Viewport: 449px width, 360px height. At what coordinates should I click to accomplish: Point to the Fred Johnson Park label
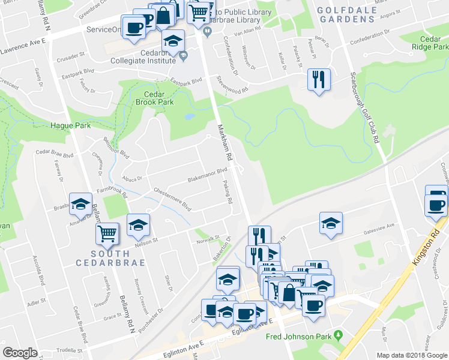pos(298,335)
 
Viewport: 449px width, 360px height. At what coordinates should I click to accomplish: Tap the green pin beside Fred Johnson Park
pos(338,334)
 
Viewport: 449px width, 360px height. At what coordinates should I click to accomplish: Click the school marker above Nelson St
pos(138,226)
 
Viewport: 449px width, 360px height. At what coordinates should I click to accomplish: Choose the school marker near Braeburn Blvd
pos(80,204)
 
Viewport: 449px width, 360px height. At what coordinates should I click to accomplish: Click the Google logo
pos(20,353)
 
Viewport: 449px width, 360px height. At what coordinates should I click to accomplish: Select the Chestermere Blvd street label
pos(172,198)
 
